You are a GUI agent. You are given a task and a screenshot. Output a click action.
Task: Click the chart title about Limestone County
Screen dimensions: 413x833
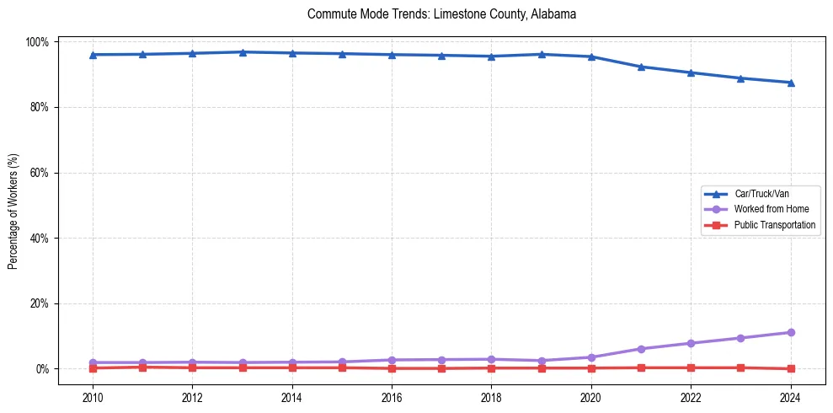point(441,14)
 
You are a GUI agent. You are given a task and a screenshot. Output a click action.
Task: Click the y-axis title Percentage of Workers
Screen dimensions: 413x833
point(13,205)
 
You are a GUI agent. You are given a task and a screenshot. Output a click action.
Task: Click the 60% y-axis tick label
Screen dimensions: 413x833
point(40,173)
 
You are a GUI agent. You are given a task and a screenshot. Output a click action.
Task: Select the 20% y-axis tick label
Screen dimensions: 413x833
point(40,303)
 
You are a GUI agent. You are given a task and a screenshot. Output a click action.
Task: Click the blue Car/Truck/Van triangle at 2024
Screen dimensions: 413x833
point(790,83)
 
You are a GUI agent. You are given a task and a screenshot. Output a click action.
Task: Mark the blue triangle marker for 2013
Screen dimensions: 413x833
point(243,52)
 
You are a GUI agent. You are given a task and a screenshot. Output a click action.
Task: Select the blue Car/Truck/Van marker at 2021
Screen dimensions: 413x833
point(641,67)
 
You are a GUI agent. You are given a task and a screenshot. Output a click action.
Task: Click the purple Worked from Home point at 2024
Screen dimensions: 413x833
point(790,332)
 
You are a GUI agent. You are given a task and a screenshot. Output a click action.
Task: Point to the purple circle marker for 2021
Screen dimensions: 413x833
point(641,349)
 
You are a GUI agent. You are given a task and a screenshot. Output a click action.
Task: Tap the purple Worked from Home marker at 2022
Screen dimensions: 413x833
point(691,343)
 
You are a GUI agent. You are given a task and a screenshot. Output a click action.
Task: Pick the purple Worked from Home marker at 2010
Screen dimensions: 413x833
point(93,362)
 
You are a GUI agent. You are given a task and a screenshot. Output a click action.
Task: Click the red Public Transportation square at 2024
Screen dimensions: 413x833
point(790,368)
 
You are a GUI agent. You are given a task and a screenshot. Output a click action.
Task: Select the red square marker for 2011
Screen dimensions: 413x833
point(142,367)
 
